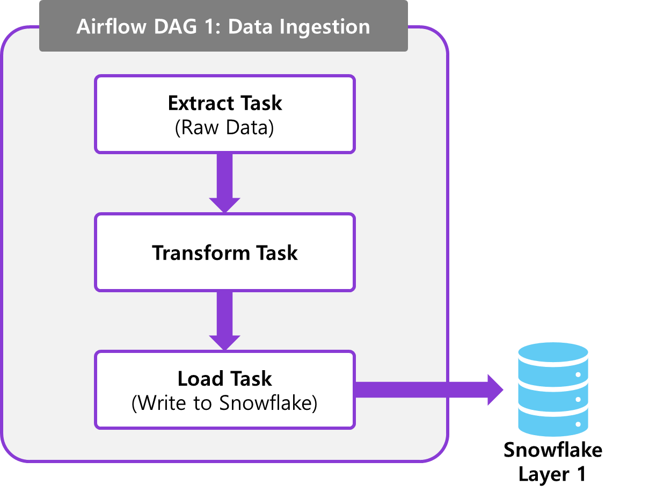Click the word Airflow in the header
coord(112,27)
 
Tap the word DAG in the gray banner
coord(176,27)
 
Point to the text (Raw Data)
coord(224,128)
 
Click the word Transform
coord(201,253)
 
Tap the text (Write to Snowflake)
coord(224,403)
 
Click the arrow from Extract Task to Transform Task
coord(224,183)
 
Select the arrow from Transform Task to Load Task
coord(224,321)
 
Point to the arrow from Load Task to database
coord(429,390)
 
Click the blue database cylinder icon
coord(553,389)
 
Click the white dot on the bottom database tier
coord(578,424)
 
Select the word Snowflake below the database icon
coord(553,450)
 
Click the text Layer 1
coord(552,474)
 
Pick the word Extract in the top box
coord(201,103)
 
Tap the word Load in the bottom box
coord(200,379)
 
